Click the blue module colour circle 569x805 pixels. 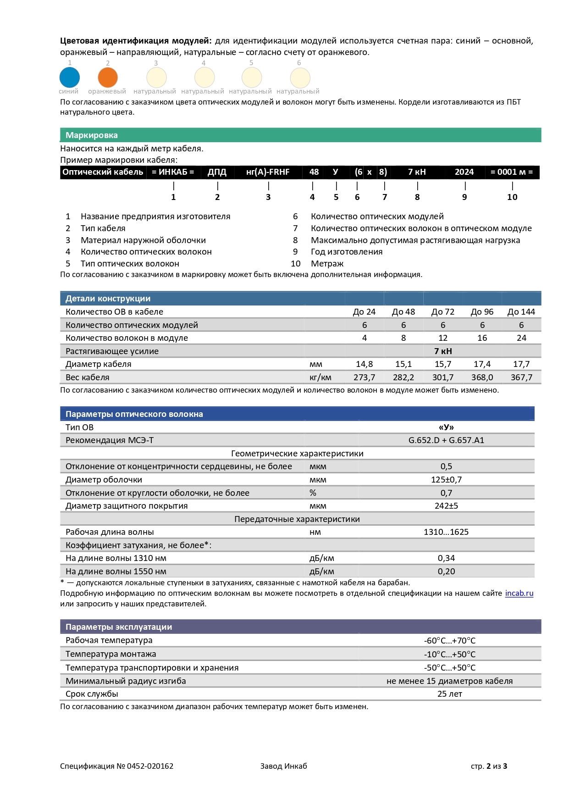pos(70,78)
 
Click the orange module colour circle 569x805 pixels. pos(108,78)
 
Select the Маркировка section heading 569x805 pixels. pos(92,135)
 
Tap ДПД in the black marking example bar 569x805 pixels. pos(217,172)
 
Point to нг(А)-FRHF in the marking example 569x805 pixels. pos(268,172)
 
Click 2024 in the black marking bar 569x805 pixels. pos(464,172)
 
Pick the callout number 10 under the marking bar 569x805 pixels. pos(512,197)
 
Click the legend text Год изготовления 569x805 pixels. pos(347,252)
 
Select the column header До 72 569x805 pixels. pos(443,312)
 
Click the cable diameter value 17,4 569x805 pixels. pos(482,364)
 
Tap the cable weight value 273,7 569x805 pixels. pos(365,378)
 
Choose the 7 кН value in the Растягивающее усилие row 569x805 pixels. pos(443,351)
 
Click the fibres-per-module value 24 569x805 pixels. pos(521,338)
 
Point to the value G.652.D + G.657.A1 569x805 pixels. pos(446,440)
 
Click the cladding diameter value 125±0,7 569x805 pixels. pos(446,480)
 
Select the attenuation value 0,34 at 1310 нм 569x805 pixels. pos(446,558)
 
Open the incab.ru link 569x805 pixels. pos(519,594)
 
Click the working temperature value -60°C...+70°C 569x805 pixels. pos(449,641)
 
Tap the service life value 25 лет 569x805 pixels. pos(449,694)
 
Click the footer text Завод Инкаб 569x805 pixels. pos(283,766)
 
